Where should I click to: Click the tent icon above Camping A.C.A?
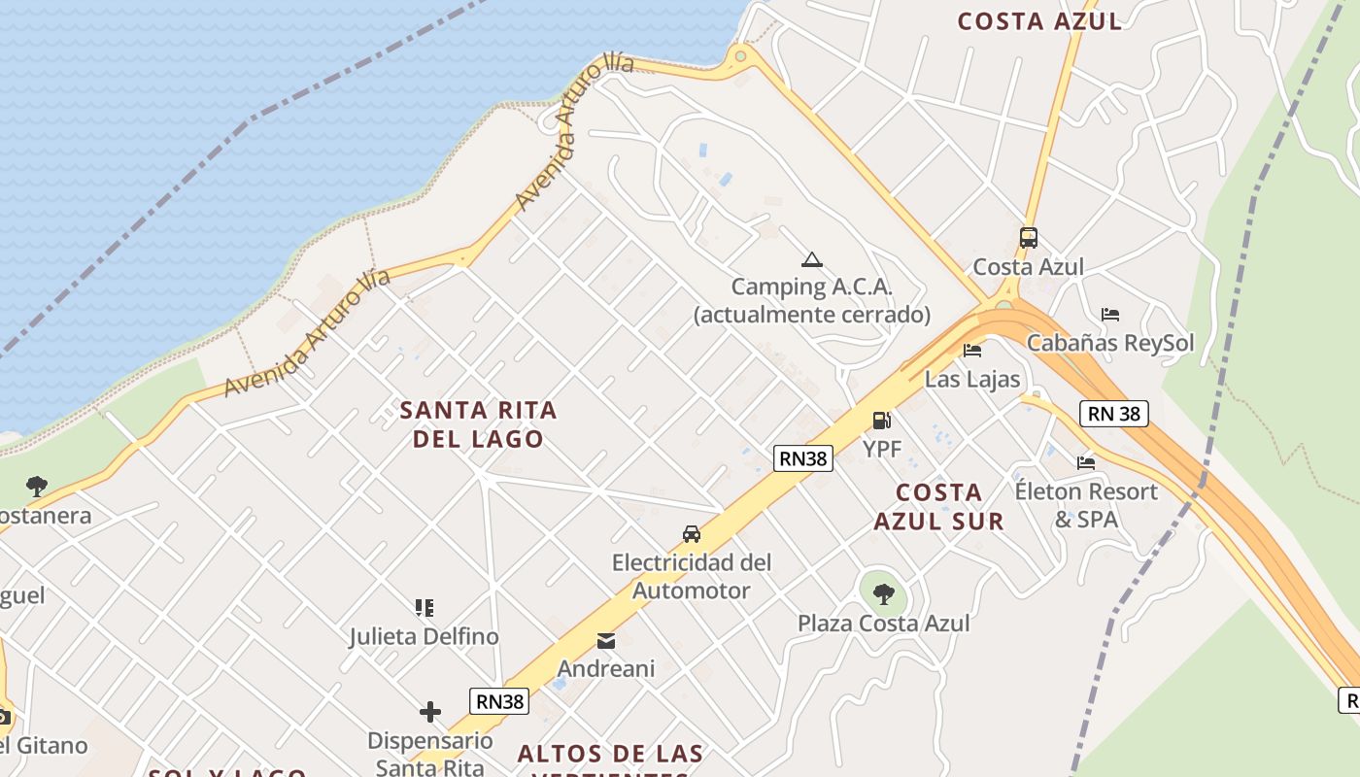(812, 259)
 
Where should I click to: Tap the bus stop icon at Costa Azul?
(1028, 237)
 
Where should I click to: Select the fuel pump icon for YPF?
(882, 420)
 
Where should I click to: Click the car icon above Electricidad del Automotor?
(692, 534)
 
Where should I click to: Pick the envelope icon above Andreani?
(606, 641)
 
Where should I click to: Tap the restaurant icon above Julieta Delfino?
(425, 608)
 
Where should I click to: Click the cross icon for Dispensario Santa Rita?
(430, 712)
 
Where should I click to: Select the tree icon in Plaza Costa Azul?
(883, 593)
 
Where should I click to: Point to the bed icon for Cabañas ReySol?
(1110, 315)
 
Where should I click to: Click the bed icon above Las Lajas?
(972, 351)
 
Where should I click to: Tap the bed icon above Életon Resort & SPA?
(1086, 462)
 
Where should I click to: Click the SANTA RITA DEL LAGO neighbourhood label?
(479, 424)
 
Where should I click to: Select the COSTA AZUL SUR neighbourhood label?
(938, 506)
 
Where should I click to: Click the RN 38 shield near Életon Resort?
(1114, 414)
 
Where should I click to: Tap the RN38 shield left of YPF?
(803, 458)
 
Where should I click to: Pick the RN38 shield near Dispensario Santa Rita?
(499, 701)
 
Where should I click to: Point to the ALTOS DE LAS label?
(610, 754)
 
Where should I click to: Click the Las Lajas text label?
(972, 379)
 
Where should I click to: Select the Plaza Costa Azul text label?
(883, 623)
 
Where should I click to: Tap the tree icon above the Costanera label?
(37, 486)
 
